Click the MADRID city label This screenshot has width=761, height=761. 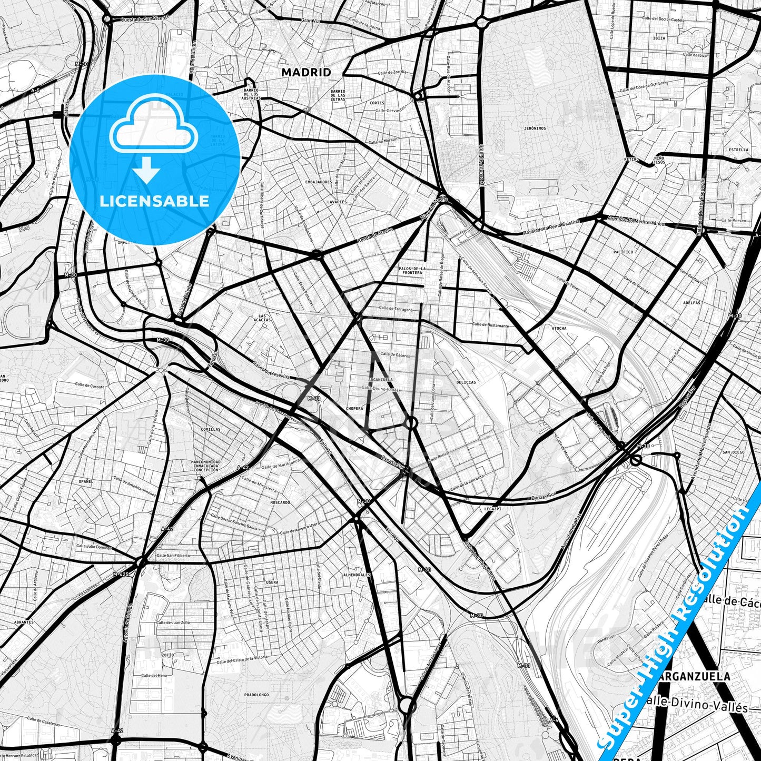click(x=306, y=72)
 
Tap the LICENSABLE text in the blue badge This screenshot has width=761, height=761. click(x=154, y=201)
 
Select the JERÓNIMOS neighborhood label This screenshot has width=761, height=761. click(x=535, y=128)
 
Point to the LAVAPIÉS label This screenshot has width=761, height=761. click(x=337, y=202)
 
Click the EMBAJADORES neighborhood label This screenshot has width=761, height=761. click(x=319, y=182)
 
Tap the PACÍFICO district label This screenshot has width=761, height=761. click(x=623, y=252)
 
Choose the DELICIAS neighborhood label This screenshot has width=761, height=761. click(x=466, y=382)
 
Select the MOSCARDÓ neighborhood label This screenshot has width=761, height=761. click(x=280, y=502)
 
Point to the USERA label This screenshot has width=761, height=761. click(x=272, y=582)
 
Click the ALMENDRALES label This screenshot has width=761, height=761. click(x=357, y=575)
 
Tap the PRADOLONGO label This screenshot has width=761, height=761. click(x=256, y=695)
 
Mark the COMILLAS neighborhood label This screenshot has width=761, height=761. click(x=211, y=429)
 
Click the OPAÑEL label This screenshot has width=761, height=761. click(x=86, y=481)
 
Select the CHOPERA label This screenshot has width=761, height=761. click(x=354, y=408)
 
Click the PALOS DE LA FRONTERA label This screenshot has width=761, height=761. click(x=412, y=271)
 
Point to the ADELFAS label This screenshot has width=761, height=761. click(x=691, y=303)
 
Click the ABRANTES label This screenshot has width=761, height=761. click(x=24, y=622)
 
